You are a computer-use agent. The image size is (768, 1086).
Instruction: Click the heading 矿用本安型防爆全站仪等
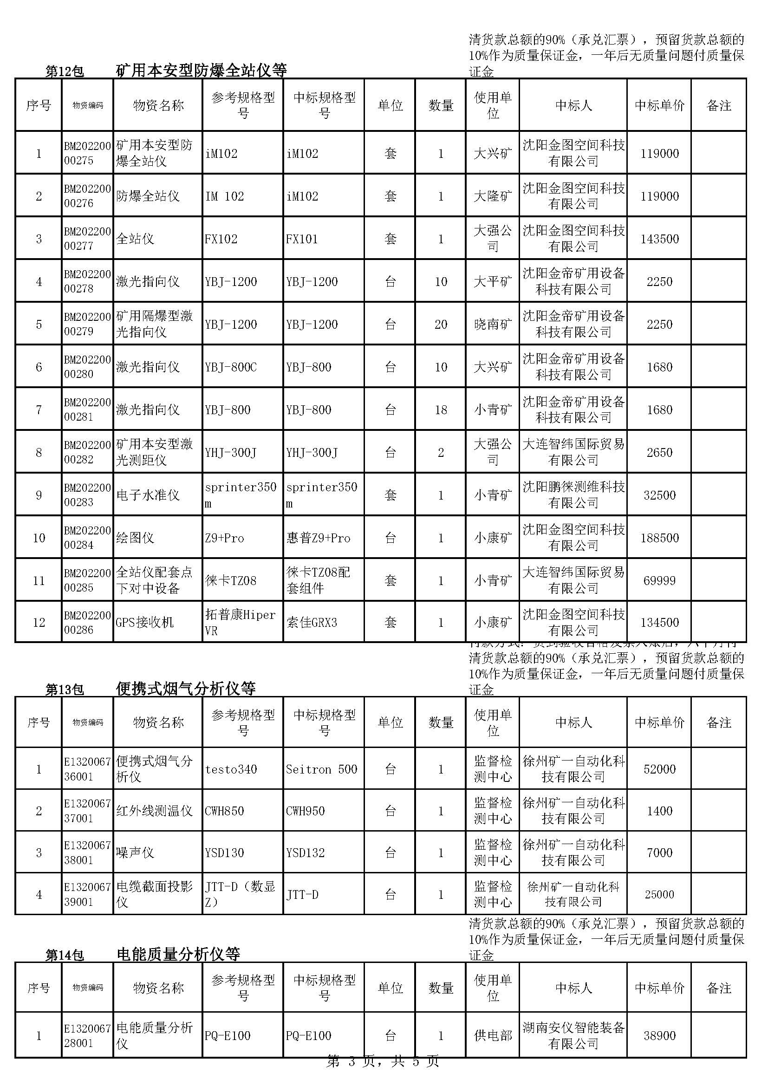(x=202, y=70)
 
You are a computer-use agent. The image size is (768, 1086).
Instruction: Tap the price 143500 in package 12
(x=659, y=239)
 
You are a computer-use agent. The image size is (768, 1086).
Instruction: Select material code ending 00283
(x=87, y=495)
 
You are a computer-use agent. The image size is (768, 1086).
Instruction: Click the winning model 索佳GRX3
(x=312, y=623)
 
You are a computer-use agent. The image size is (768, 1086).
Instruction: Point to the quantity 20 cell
(x=440, y=325)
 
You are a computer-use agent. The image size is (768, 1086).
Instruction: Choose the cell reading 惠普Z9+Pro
(x=318, y=538)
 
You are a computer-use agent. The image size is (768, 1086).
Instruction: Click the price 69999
(x=659, y=580)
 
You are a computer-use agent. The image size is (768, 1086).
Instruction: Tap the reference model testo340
(x=231, y=769)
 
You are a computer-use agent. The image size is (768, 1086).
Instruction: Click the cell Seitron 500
(x=321, y=769)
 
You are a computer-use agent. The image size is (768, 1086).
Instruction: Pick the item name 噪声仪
(x=135, y=852)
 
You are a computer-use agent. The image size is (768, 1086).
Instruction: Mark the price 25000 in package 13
(x=659, y=894)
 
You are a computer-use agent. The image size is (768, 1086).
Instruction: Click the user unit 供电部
(x=493, y=1035)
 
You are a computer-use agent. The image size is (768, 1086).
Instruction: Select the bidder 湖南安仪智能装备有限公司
(x=573, y=1035)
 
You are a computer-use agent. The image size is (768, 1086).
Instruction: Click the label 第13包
(x=65, y=689)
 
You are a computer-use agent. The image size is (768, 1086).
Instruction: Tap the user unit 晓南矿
(x=493, y=325)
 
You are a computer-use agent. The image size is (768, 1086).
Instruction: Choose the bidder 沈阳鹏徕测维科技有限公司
(x=573, y=495)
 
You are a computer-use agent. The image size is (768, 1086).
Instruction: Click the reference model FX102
(x=221, y=239)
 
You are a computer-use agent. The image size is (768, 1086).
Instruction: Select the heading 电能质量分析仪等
(x=178, y=954)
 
